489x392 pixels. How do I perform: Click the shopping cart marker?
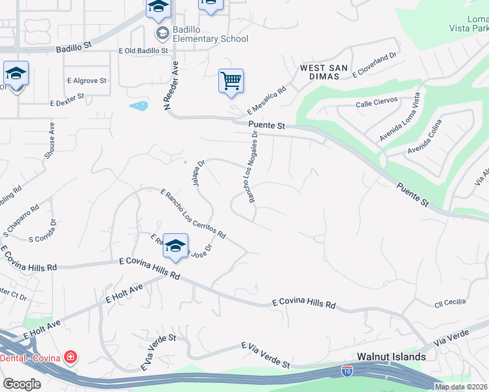231,81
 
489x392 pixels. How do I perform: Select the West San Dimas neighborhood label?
319,72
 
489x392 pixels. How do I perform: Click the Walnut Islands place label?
392,357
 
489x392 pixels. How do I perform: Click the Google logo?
22,384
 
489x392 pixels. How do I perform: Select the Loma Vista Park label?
469,24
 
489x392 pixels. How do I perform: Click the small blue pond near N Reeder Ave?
138,106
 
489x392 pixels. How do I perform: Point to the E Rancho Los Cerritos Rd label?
193,213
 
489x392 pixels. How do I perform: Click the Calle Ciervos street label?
377,104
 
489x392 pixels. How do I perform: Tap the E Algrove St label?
86,81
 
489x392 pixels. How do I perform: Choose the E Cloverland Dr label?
375,65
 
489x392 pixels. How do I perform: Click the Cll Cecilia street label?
450,302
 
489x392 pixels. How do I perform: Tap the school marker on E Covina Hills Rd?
175,246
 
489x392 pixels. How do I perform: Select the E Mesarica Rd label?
267,101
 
